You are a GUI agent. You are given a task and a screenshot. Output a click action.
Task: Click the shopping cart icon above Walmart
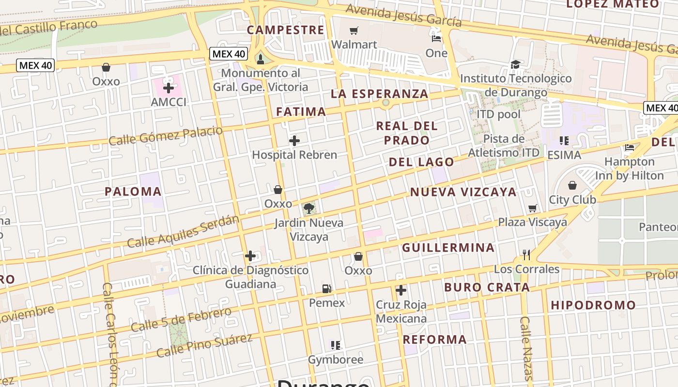click(354, 31)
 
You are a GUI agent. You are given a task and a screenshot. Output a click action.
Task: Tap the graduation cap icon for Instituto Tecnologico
click(515, 64)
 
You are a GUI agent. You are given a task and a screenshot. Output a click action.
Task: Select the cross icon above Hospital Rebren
click(294, 141)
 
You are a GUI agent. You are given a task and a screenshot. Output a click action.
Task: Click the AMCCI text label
click(169, 102)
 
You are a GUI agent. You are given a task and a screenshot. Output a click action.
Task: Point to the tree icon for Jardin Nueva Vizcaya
click(308, 208)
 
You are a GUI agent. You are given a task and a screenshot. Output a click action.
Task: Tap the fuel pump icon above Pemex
click(327, 289)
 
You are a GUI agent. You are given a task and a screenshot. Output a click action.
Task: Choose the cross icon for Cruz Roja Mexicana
click(401, 290)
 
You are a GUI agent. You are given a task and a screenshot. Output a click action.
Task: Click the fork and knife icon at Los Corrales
click(526, 254)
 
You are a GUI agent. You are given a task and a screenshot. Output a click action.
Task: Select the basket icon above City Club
click(572, 185)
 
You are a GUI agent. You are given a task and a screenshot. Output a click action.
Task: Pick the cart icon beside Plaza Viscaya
click(533, 208)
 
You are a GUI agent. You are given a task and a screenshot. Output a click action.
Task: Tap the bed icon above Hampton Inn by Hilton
click(630, 147)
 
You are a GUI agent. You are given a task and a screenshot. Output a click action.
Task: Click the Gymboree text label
click(336, 360)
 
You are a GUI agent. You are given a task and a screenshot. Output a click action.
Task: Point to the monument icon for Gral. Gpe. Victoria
click(261, 59)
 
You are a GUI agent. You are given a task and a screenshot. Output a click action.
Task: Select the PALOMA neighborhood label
click(133, 191)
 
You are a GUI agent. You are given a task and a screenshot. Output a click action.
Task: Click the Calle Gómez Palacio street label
click(166, 136)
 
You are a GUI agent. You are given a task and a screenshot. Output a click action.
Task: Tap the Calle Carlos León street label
click(111, 334)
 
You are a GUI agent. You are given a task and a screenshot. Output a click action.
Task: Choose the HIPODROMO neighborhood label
click(593, 305)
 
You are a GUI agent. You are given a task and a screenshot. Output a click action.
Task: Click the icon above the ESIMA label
click(564, 141)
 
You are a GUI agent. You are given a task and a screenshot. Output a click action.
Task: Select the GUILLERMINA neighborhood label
click(448, 248)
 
